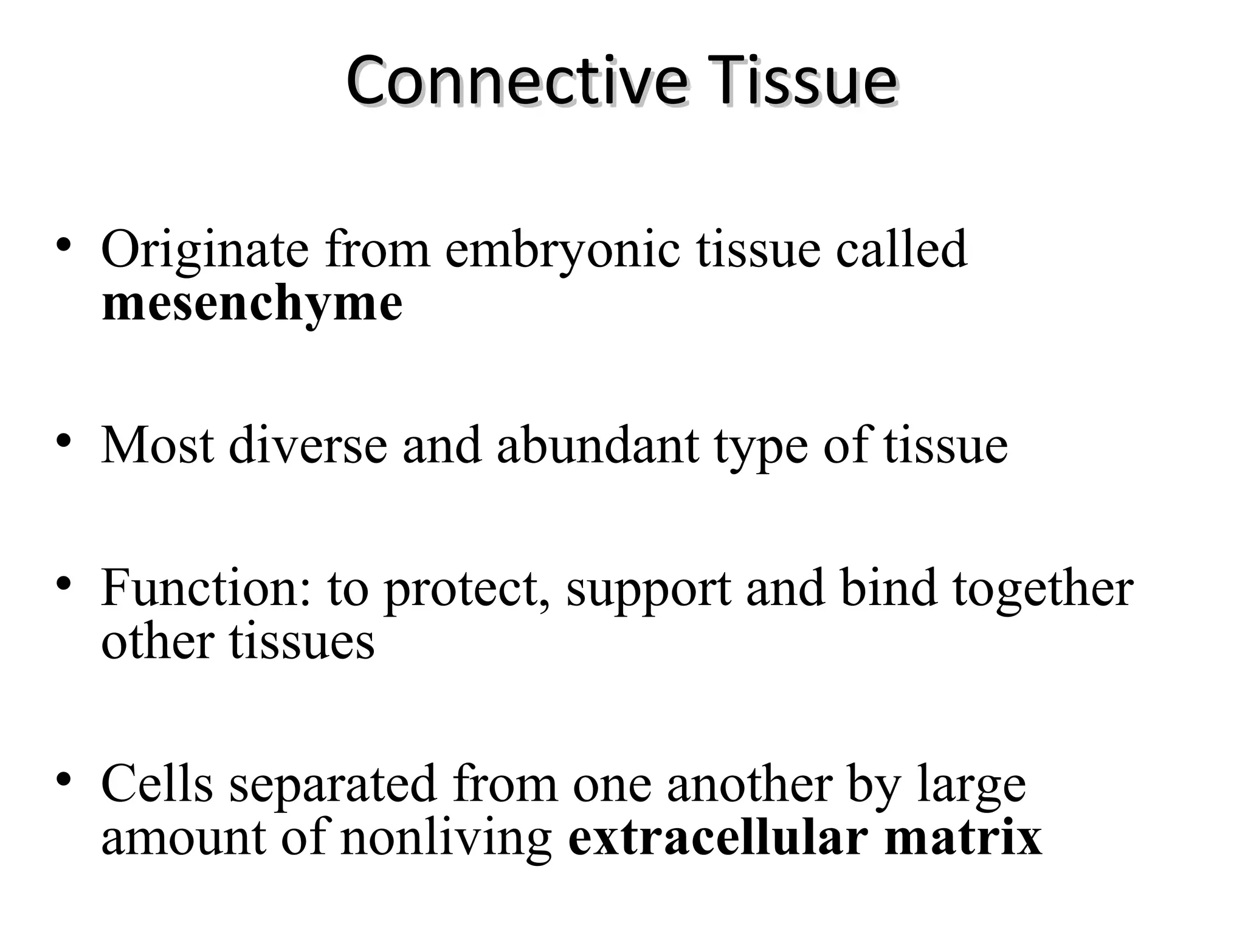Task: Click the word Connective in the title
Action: (517, 81)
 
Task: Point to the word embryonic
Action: (562, 250)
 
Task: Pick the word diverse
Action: (308, 446)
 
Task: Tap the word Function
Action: (206, 589)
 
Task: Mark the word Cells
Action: (157, 784)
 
